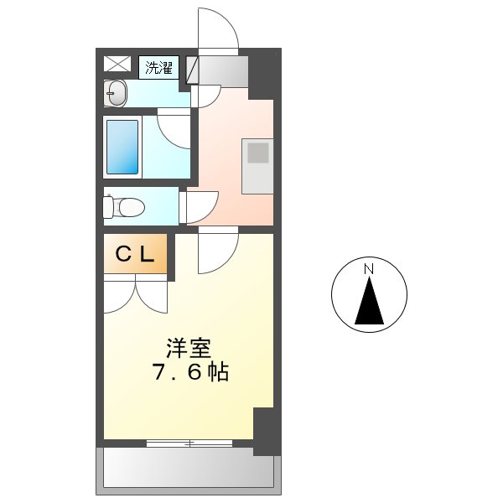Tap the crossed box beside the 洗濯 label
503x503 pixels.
pos(117,64)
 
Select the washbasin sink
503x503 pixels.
pos(117,93)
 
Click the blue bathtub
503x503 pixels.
pos(122,146)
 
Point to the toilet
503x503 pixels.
pos(123,205)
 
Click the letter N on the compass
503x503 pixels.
pos(368,269)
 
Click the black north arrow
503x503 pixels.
pos(369,303)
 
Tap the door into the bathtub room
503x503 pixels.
pos(174,130)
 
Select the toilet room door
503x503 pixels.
pos(201,206)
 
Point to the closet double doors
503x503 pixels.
pos(136,297)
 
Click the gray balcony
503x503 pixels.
pos(188,467)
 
